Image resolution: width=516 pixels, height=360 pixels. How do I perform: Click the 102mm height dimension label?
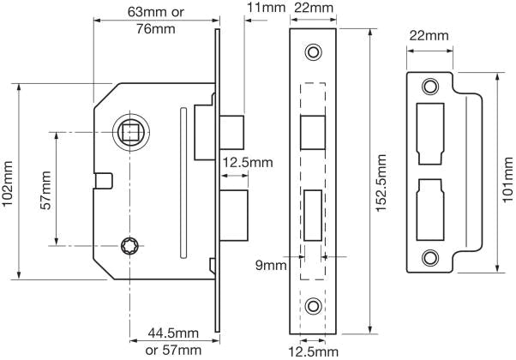pos(10,181)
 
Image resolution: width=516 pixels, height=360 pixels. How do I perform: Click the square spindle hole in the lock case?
pos(132,132)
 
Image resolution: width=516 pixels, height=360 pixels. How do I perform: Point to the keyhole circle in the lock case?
pos(131,246)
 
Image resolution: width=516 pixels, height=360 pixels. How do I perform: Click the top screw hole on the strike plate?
pos(429,87)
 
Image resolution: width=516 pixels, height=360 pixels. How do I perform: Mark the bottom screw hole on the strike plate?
pos(429,256)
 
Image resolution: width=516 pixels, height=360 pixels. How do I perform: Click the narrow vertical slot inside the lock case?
pos(182,182)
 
